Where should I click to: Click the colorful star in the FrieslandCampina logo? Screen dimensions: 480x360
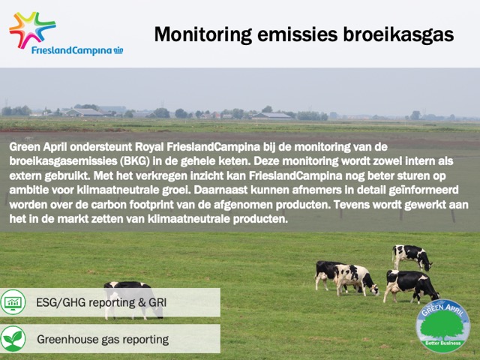click(32, 30)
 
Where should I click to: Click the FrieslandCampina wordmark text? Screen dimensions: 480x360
click(72, 50)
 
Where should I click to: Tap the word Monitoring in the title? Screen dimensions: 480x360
click(203, 34)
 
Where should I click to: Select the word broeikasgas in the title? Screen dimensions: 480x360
click(398, 34)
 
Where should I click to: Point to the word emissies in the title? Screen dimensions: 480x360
click(297, 34)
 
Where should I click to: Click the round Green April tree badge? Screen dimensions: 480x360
click(442, 326)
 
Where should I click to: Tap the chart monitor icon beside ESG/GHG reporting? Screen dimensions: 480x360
click(13, 302)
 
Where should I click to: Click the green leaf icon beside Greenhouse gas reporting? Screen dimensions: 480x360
click(13, 339)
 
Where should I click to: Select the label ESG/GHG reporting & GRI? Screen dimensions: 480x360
click(101, 302)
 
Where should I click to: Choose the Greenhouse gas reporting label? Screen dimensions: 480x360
click(103, 339)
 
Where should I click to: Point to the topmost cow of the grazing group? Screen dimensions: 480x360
click(412, 257)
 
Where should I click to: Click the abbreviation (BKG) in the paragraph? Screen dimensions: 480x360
click(135, 161)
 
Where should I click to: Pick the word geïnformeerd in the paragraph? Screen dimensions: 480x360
click(424, 190)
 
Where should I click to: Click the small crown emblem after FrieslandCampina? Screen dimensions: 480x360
click(118, 50)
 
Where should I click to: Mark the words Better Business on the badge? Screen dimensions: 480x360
click(443, 343)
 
